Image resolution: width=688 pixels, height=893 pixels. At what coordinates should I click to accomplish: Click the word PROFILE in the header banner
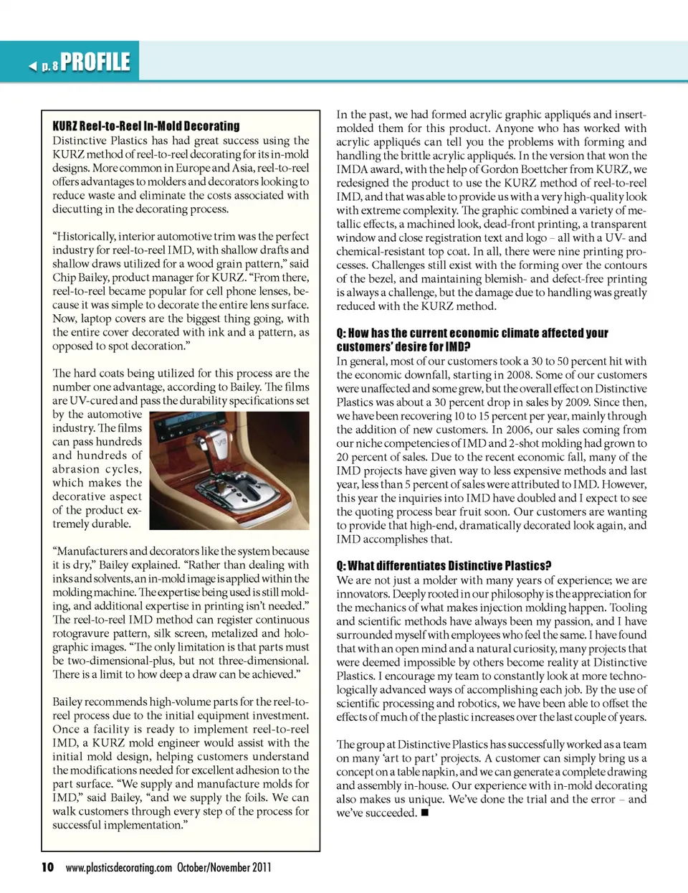[x=95, y=62]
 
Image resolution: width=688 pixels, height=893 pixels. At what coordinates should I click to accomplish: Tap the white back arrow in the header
[x=32, y=67]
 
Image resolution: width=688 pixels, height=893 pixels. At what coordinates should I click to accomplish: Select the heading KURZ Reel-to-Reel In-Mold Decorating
[x=146, y=126]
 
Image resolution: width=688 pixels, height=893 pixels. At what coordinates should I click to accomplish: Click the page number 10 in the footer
[x=47, y=867]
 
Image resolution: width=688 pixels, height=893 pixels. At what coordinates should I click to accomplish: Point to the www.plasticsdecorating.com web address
[x=118, y=867]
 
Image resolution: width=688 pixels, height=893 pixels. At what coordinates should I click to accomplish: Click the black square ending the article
[x=425, y=813]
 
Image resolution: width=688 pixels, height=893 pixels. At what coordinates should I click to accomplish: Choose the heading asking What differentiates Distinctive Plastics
[x=444, y=566]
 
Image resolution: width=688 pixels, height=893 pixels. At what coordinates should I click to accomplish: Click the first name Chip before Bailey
[x=64, y=278]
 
